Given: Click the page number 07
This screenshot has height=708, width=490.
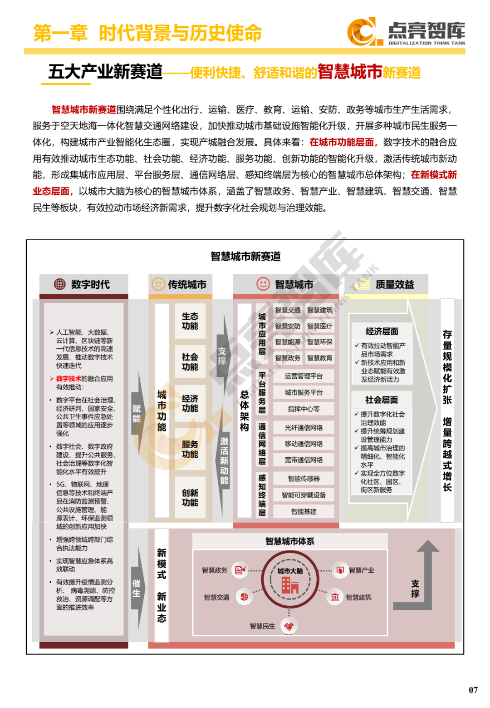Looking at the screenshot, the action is coord(473,690).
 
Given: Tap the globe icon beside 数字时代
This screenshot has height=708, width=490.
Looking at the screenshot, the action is coord(60,284).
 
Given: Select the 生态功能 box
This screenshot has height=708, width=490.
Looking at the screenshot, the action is coord(190,321).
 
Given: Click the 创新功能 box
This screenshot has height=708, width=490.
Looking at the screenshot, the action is coord(190,498).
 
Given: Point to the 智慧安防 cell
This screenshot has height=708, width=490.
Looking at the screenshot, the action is coord(288,326).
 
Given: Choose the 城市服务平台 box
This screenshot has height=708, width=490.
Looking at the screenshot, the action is coord(304,392).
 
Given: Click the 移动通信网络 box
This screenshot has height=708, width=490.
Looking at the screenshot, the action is coord(304,444).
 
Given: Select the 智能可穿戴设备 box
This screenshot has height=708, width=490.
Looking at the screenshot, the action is coord(304,495).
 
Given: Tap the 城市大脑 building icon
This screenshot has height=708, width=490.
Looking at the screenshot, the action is coord(290,585).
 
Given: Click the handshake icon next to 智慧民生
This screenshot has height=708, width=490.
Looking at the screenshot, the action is coord(289,627).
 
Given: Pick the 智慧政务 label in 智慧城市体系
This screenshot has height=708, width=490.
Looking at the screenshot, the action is coord(215,570).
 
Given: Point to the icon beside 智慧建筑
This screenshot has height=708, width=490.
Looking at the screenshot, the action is coord(335,597).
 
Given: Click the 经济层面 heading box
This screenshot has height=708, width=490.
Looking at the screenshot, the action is coord(382,332).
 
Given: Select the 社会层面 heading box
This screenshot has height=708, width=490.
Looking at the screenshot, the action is coord(382,400).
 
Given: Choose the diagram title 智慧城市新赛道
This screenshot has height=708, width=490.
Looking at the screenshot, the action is coord(245,257).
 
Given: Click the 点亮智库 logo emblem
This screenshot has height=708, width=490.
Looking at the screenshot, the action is coord(362,32).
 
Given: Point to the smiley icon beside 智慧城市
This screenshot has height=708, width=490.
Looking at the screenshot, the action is coord(263,284).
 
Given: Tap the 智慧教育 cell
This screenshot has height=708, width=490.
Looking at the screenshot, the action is coord(320,358).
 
